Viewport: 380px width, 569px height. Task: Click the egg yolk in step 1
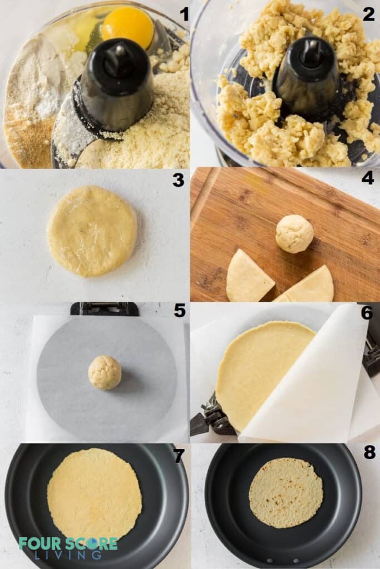127,27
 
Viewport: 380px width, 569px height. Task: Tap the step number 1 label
183,14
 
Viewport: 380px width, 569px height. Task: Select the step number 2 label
368,14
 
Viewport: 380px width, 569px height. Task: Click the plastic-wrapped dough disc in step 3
92,231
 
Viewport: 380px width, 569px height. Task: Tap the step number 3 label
178,180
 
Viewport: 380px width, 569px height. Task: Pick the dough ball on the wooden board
294,233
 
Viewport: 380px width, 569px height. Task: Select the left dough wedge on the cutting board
248,277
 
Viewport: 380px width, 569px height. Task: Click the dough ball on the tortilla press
105,372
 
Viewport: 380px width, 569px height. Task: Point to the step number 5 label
179,311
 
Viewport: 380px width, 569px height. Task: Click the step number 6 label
367,312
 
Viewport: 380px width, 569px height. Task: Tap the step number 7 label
178,455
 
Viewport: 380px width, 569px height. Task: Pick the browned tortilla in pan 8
285,492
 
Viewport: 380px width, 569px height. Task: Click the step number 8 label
369,452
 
